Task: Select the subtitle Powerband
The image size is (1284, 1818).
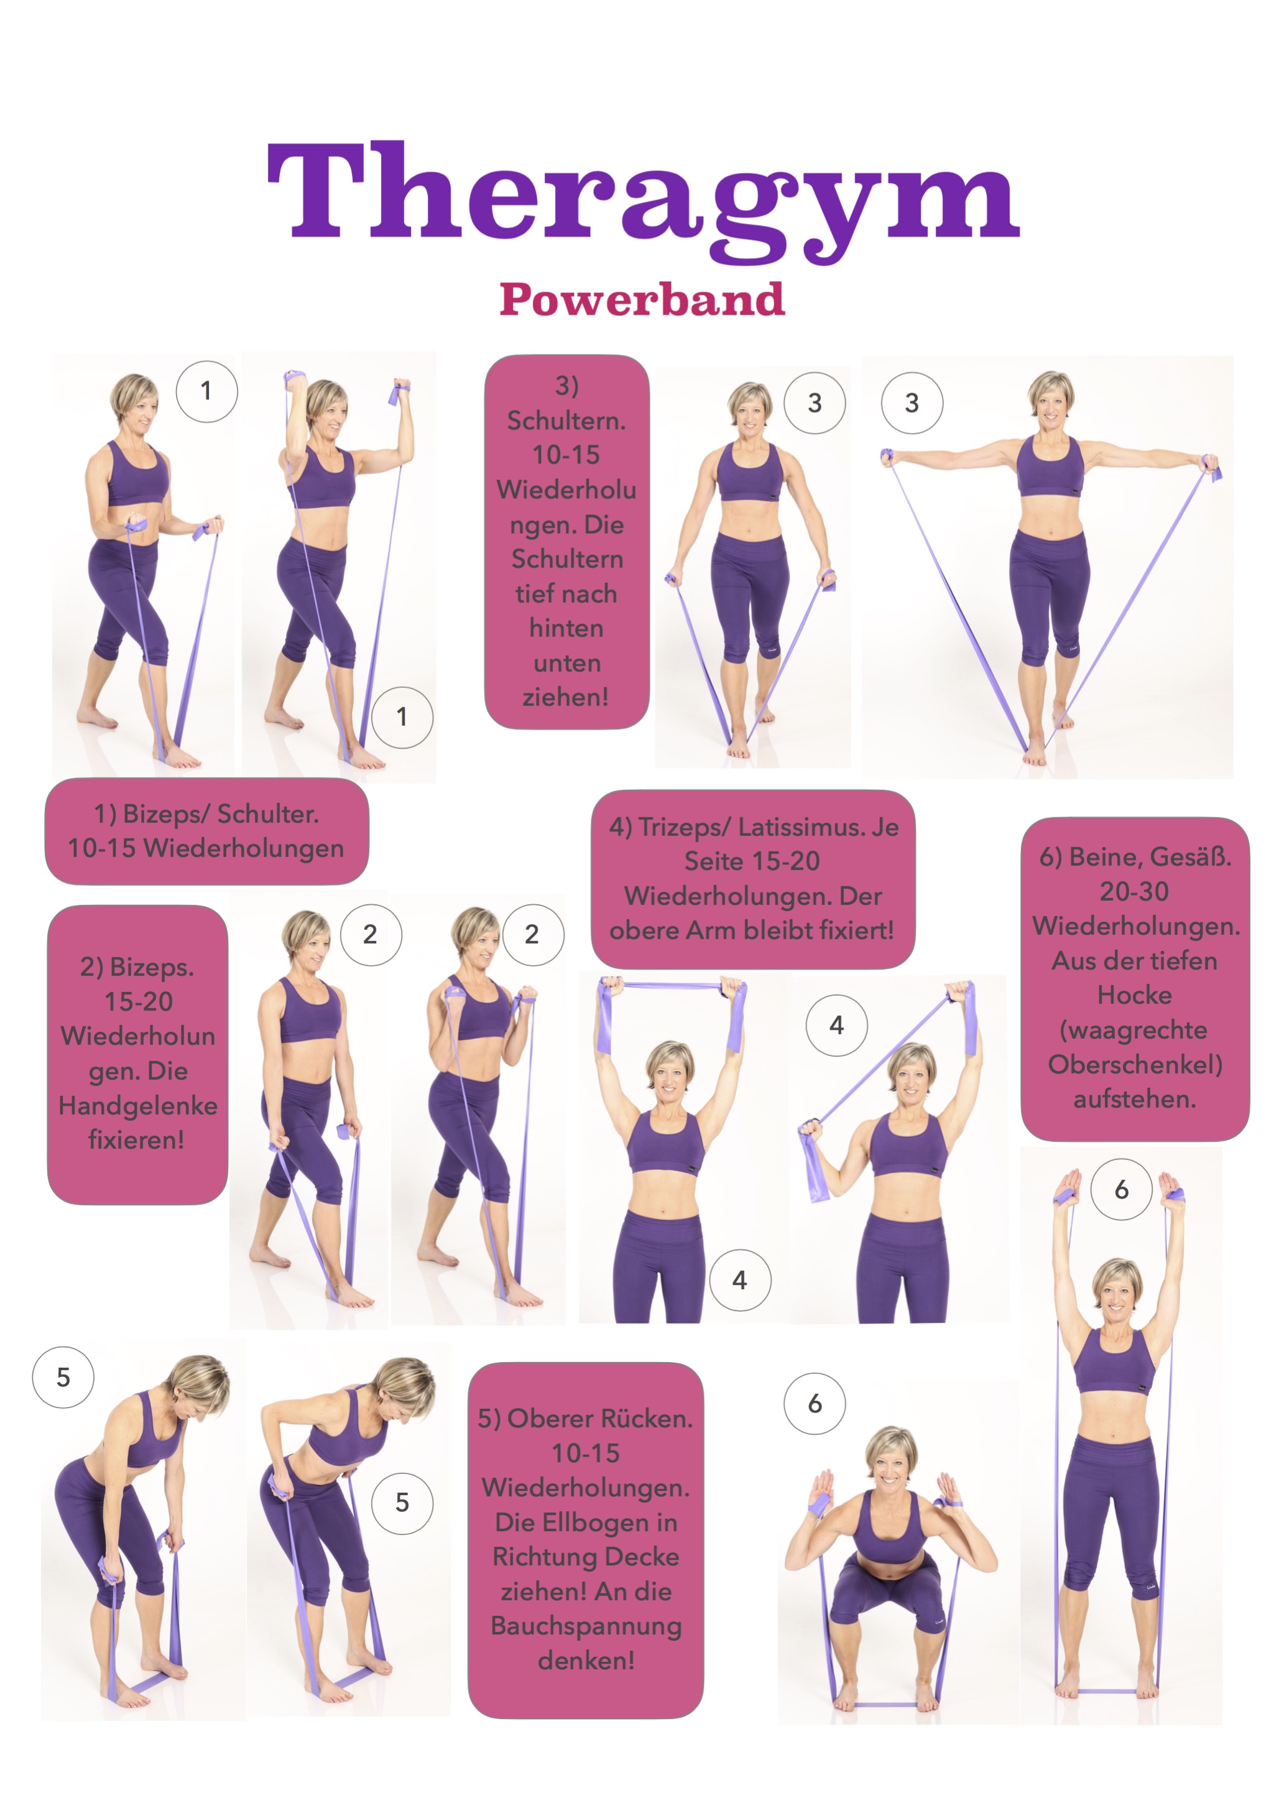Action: [642, 299]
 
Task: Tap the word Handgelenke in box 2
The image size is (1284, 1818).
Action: [138, 1105]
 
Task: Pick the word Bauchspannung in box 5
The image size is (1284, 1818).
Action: [586, 1626]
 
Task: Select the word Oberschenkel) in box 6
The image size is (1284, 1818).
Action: [1135, 1064]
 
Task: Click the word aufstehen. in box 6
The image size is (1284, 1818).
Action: [1134, 1098]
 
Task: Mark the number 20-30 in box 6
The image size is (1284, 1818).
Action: [1134, 891]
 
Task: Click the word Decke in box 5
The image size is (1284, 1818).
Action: [641, 1557]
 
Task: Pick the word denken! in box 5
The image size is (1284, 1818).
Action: [586, 1661]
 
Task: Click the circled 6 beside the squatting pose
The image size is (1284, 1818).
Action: [815, 1403]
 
